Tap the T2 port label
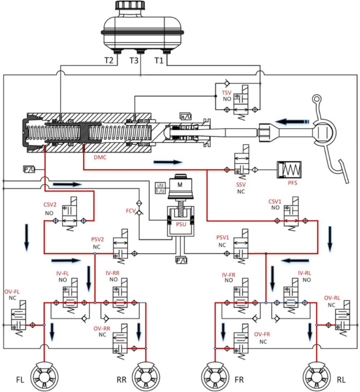(109, 60)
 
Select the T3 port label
(135, 60)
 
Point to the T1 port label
(158, 60)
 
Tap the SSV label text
(241, 184)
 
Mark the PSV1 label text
(223, 238)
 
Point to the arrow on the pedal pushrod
(292, 121)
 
